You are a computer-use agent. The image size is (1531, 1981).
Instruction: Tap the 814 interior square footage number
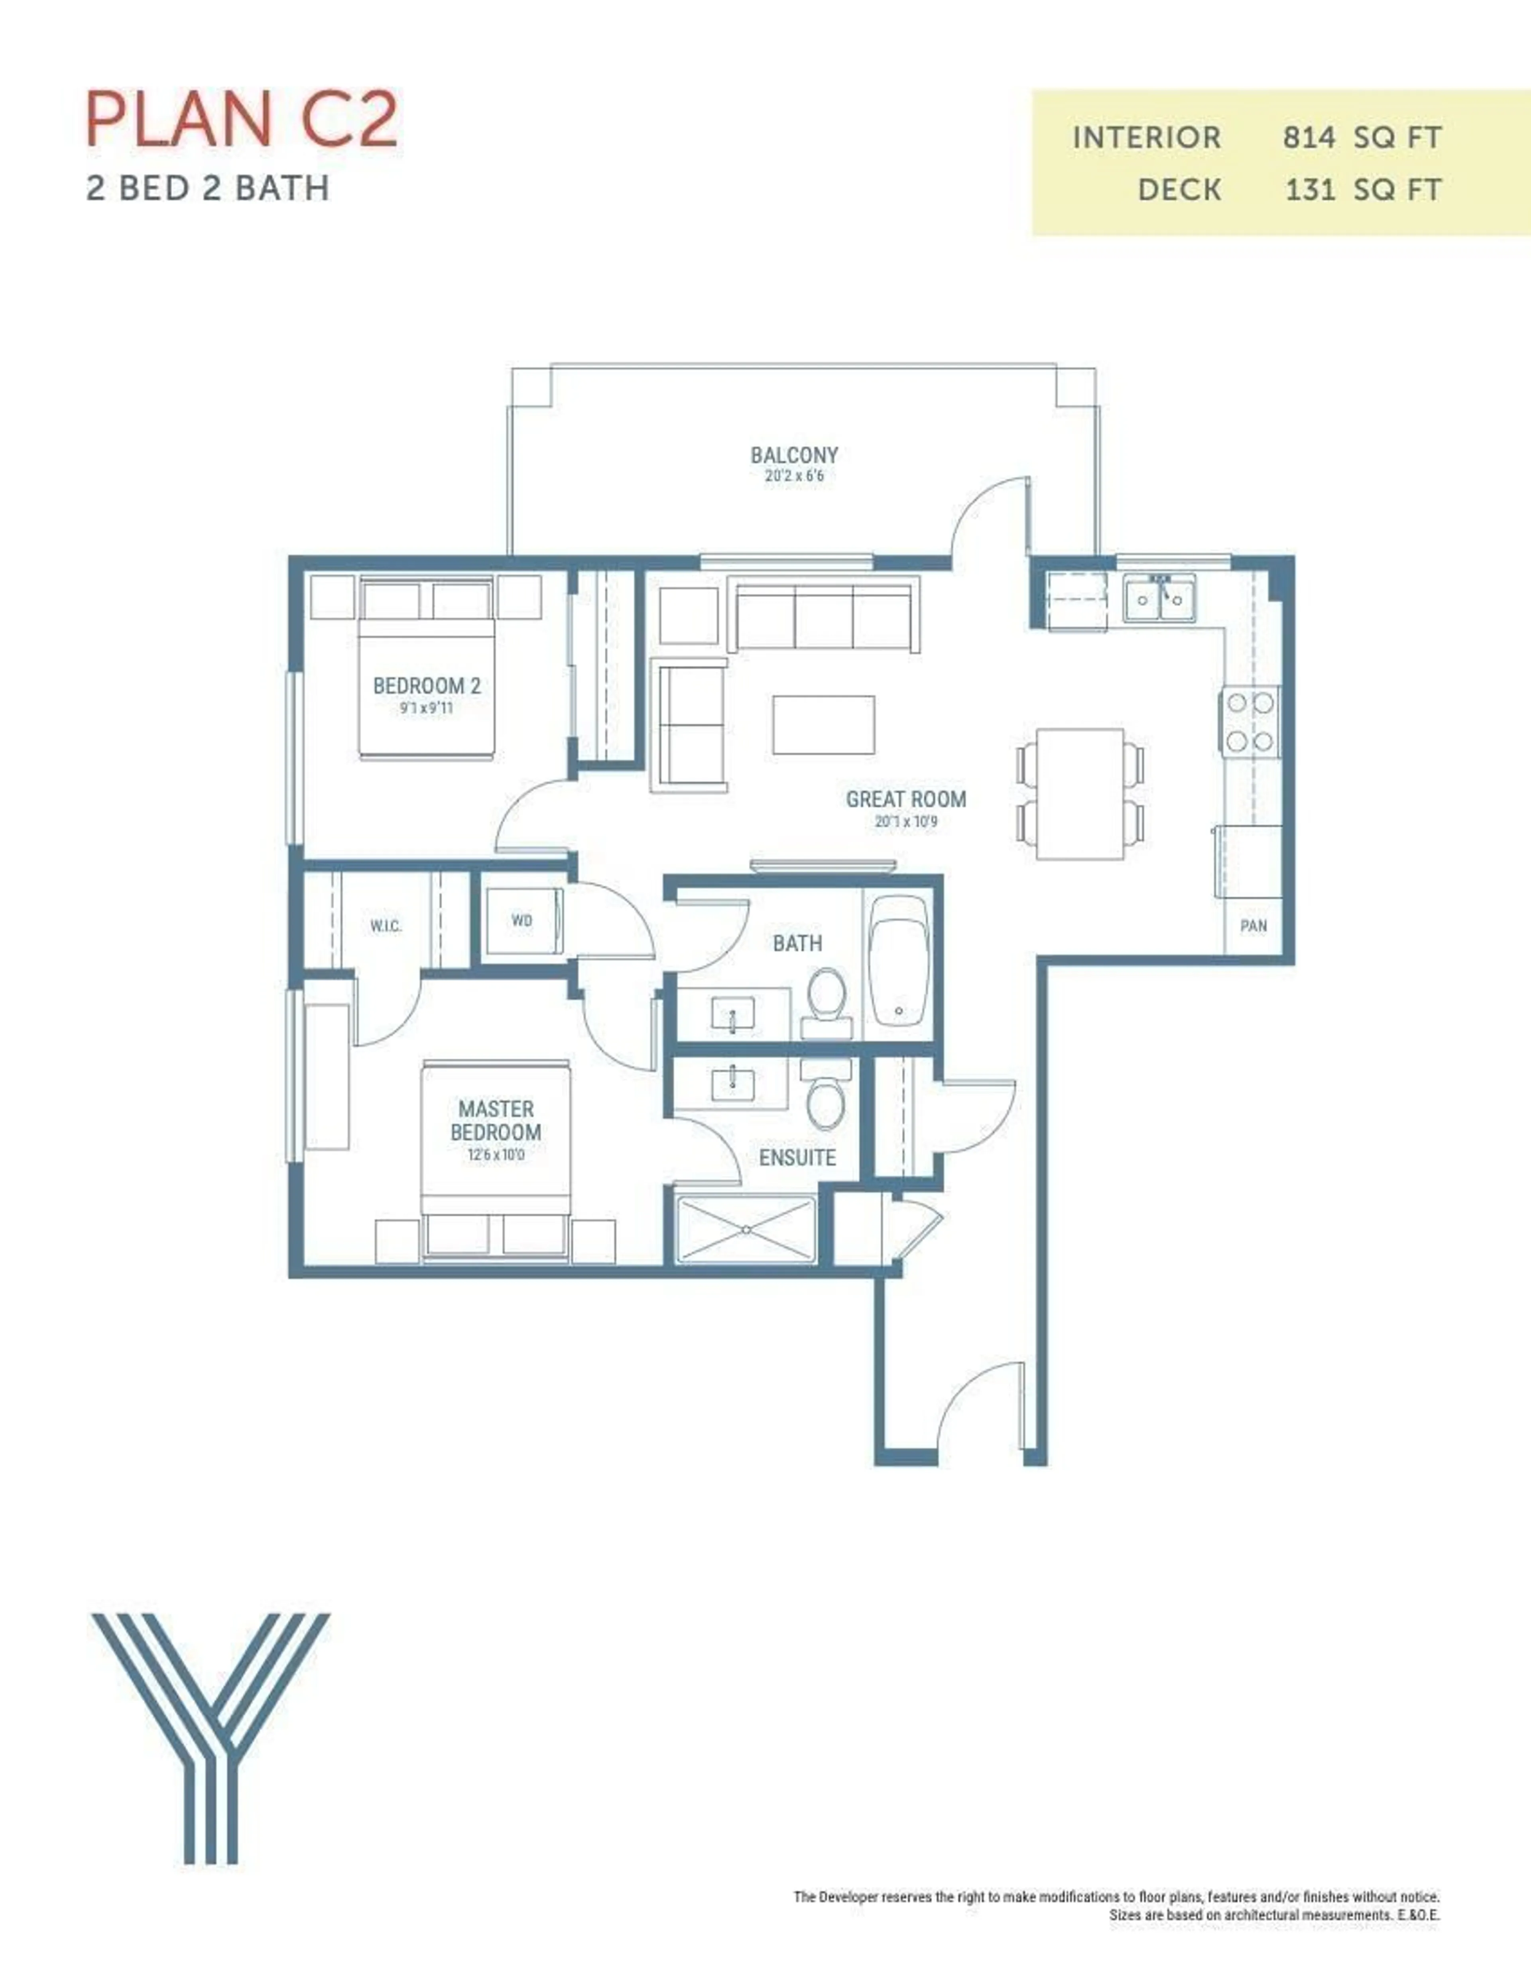click(x=1309, y=138)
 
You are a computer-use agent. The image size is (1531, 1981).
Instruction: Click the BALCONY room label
click(x=794, y=455)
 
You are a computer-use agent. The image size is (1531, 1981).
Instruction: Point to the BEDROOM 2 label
click(x=426, y=687)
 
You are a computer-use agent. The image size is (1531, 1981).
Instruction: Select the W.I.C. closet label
click(x=386, y=926)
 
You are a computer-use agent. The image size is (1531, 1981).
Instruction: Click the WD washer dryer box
click(x=521, y=921)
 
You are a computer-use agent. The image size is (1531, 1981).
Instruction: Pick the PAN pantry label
click(x=1253, y=926)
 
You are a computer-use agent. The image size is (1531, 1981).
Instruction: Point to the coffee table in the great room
click(x=824, y=725)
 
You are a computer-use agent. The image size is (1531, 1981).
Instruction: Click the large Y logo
click(x=211, y=1737)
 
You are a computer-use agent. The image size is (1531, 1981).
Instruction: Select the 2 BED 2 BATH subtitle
click(x=208, y=189)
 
